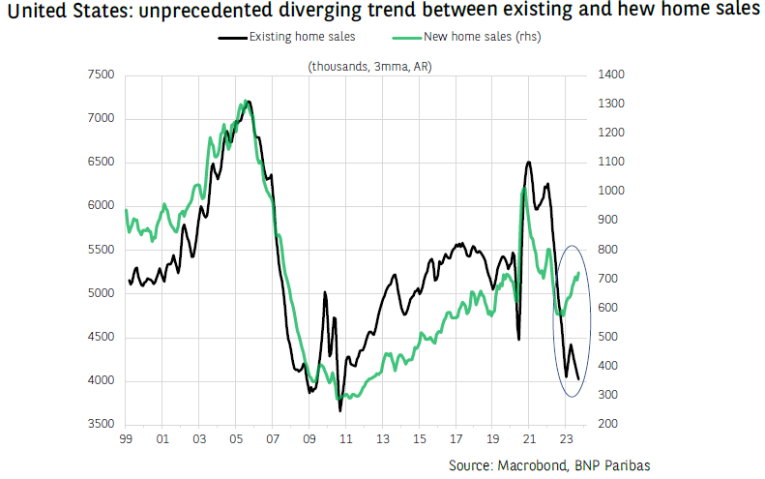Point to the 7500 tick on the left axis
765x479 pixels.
(100, 75)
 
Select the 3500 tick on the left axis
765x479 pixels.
(100, 425)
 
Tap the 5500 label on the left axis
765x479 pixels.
(100, 250)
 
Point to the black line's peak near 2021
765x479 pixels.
(528, 162)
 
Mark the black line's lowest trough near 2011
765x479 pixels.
(340, 411)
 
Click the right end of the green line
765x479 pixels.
(578, 273)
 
